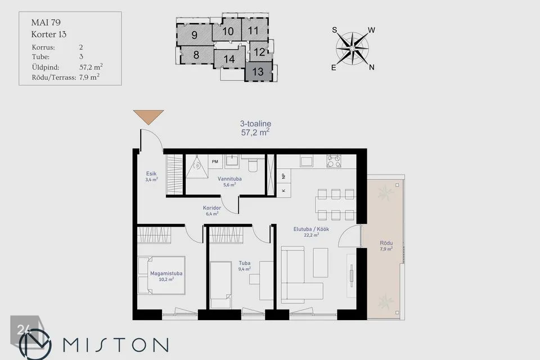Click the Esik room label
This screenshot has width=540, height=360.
tap(151, 174)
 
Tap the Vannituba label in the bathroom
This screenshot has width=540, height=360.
tap(229, 179)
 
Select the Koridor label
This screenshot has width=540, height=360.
tap(212, 208)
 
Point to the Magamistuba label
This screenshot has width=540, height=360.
tap(166, 273)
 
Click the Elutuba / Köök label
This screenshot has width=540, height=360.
tap(311, 229)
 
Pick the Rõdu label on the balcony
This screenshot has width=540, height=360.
tap(386, 243)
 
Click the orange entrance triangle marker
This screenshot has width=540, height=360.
tap(148, 117)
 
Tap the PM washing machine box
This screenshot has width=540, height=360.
tap(215, 161)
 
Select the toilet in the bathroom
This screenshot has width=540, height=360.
tap(253, 164)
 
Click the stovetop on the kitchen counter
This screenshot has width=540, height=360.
tap(334, 161)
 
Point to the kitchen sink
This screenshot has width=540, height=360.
tap(306, 161)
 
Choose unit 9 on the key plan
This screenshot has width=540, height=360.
tap(194, 35)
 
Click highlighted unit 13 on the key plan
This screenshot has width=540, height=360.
tap(258, 71)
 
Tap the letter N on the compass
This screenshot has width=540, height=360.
tap(372, 67)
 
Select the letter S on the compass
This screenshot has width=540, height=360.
tap(334, 30)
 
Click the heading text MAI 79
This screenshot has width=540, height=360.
tap(46, 22)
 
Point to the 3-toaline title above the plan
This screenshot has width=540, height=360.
tap(255, 124)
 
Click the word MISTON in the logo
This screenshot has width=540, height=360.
tap(116, 344)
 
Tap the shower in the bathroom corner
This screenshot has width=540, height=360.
tap(197, 166)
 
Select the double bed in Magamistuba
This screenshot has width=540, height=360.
tap(161, 275)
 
